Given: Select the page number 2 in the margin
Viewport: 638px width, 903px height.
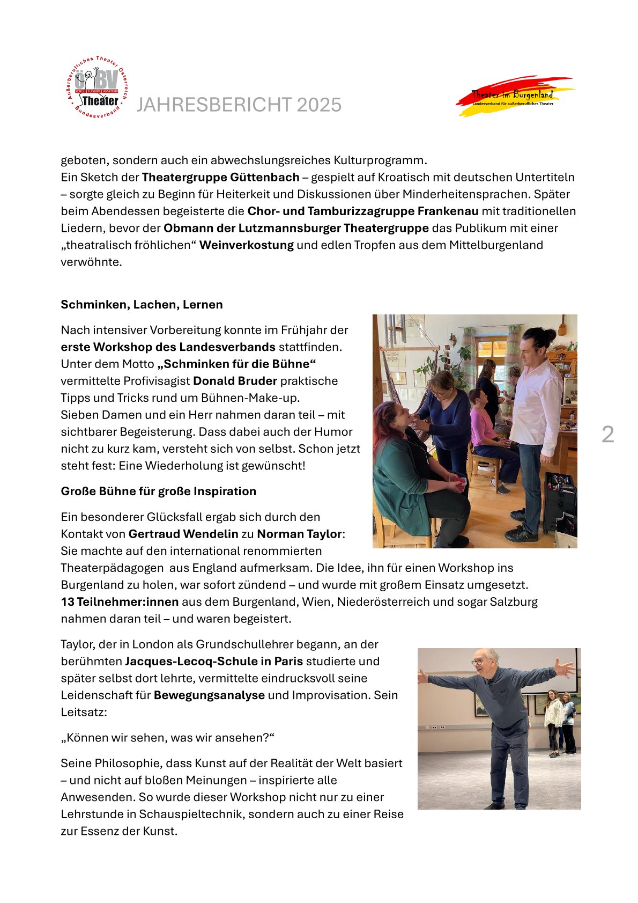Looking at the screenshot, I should (x=607, y=434).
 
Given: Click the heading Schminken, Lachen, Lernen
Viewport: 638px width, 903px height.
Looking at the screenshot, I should (x=142, y=305).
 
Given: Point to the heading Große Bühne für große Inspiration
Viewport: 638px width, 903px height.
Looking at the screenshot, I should (x=158, y=491).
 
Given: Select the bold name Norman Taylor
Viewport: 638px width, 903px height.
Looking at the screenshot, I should (x=299, y=534).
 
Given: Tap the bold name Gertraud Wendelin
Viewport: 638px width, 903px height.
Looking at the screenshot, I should (x=183, y=534).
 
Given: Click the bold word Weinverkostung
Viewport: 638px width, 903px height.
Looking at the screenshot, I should (x=247, y=245).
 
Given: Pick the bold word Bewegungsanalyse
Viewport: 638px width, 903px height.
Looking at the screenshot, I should (x=209, y=695).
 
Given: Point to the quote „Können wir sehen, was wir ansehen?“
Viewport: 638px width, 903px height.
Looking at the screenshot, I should (x=167, y=738).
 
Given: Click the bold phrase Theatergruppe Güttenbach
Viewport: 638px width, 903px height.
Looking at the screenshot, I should (x=220, y=177).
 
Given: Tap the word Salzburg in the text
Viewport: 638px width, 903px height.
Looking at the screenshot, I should (x=514, y=602).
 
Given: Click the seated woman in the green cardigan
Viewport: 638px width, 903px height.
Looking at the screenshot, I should (x=407, y=472).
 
